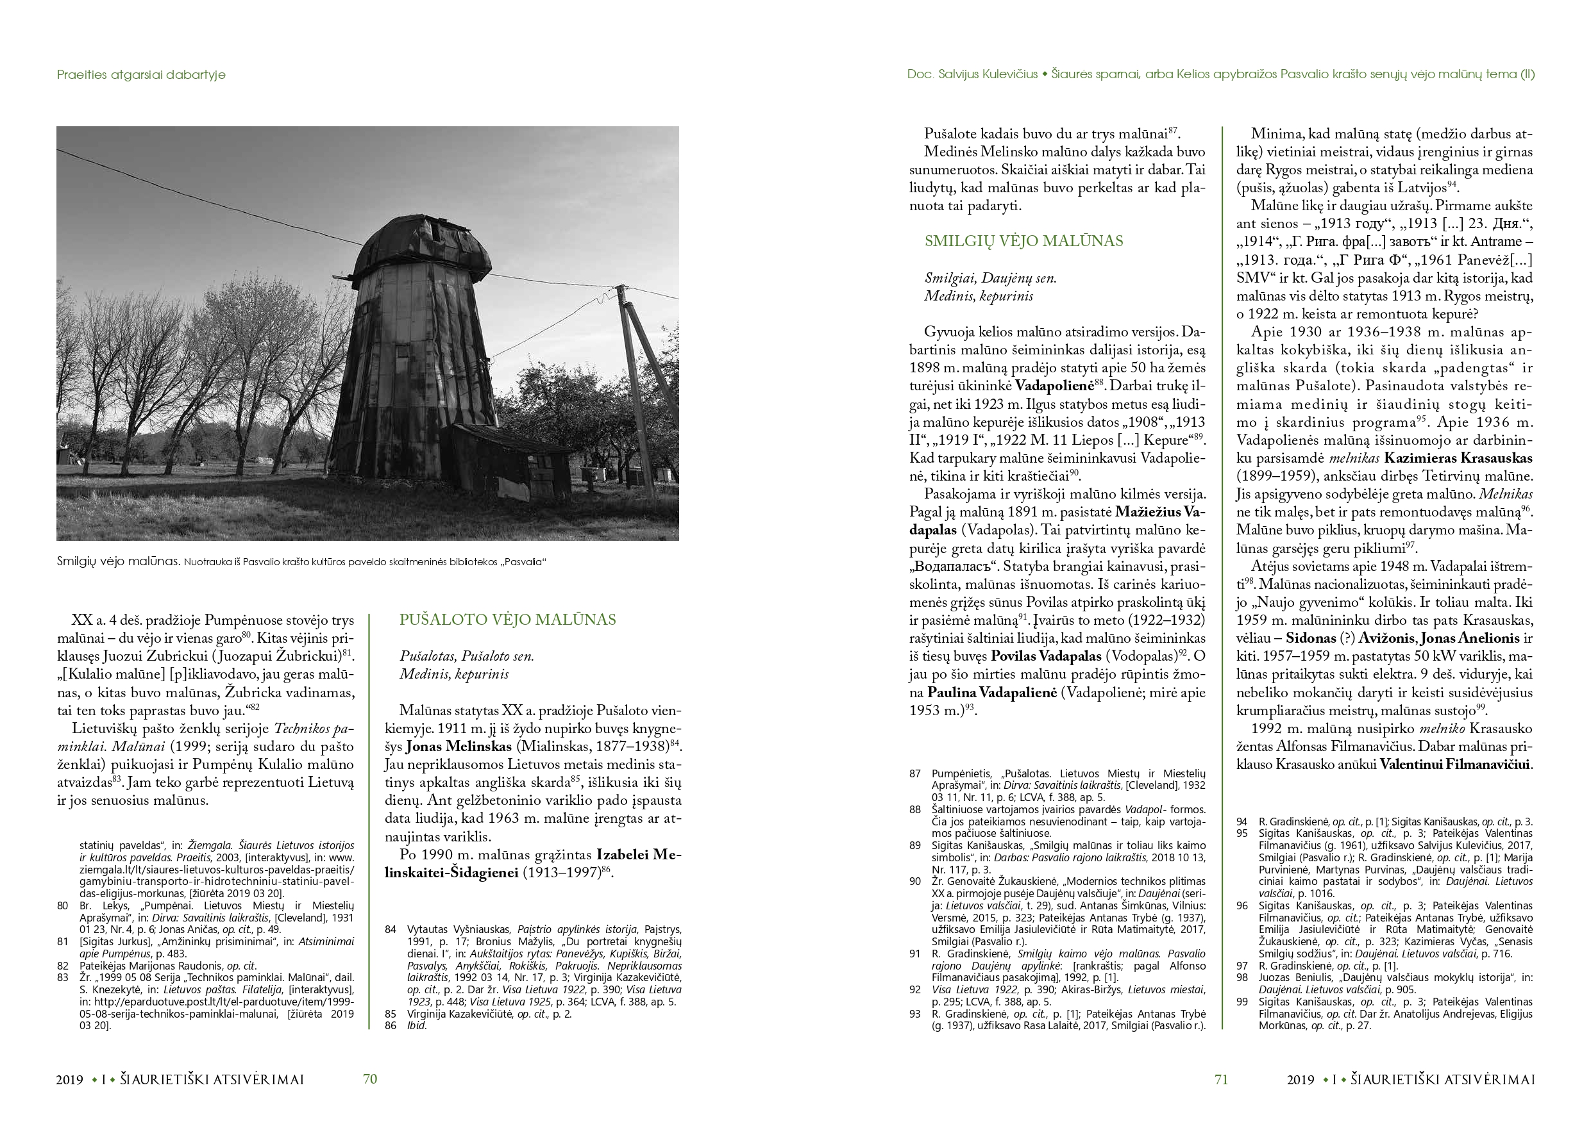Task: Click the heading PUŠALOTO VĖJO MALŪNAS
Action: (x=507, y=620)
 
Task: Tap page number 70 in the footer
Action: (x=370, y=1079)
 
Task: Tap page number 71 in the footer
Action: (x=1221, y=1079)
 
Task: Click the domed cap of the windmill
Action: (x=416, y=242)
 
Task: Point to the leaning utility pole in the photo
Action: (x=634, y=367)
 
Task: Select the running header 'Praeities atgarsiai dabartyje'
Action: (x=141, y=75)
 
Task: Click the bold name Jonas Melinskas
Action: (x=458, y=747)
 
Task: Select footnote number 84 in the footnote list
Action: (x=391, y=929)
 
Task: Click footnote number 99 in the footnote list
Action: (x=1242, y=1002)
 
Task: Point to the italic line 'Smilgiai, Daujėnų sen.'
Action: (x=990, y=278)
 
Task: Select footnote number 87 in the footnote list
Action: (x=915, y=773)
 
